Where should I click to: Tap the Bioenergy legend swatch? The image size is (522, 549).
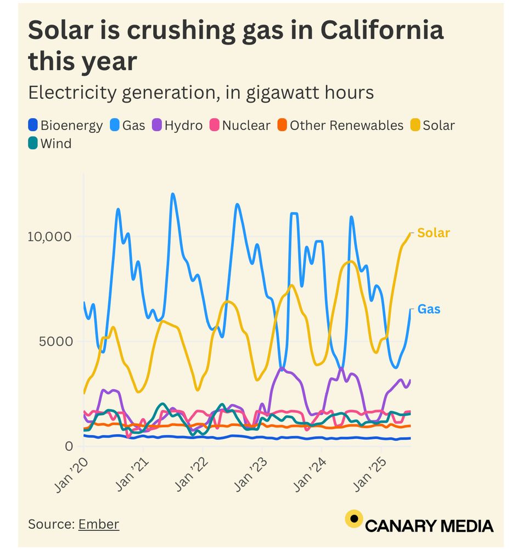pos(33,125)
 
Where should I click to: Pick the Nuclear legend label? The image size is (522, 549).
pos(246,125)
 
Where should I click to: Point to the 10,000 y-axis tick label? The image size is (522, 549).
pos(50,237)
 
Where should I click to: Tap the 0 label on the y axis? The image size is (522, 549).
pos(69,446)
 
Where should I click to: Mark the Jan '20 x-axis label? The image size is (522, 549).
pos(70,472)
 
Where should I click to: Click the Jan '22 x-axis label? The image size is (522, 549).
pos(188,472)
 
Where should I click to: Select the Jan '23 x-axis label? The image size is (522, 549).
pos(248,472)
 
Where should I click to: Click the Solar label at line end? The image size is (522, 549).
pos(433,233)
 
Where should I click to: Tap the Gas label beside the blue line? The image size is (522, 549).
pos(429,309)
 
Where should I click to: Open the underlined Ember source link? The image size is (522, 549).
pos(99,524)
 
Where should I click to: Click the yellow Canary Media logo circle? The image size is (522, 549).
pos(354,518)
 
